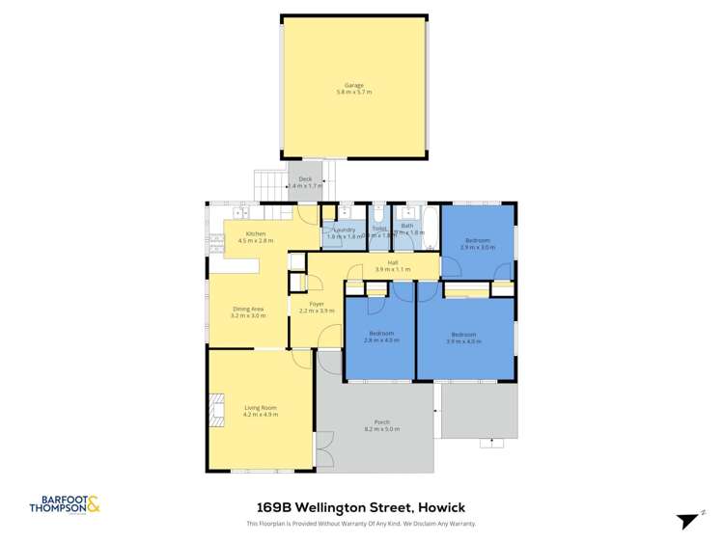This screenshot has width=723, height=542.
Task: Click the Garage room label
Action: pos(354,86)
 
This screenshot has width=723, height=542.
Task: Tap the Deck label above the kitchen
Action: pos(305,178)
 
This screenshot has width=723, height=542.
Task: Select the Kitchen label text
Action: pos(256,234)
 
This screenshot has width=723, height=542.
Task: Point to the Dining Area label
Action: pos(248,310)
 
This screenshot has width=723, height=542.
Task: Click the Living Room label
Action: pos(261,408)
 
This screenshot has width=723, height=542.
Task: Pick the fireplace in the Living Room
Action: pos(215,409)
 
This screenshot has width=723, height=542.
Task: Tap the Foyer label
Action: pos(317,306)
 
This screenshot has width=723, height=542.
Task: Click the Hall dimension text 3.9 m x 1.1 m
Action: pos(393,269)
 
